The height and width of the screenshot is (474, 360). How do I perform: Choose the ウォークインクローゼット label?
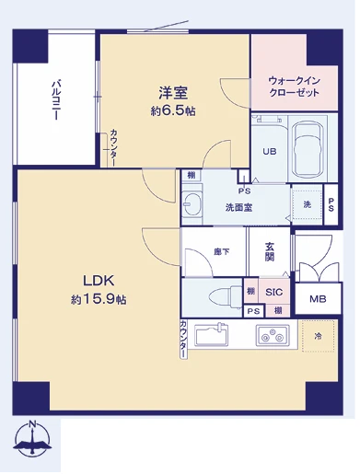[x=295, y=87]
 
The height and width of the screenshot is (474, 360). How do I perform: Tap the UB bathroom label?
[x=270, y=152]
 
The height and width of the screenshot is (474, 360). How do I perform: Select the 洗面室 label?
[x=240, y=206]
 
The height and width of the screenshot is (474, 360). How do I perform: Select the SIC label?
[x=273, y=292]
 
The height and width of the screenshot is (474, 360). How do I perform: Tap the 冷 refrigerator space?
[x=318, y=336]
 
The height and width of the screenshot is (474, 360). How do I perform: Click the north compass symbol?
[x=33, y=442]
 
